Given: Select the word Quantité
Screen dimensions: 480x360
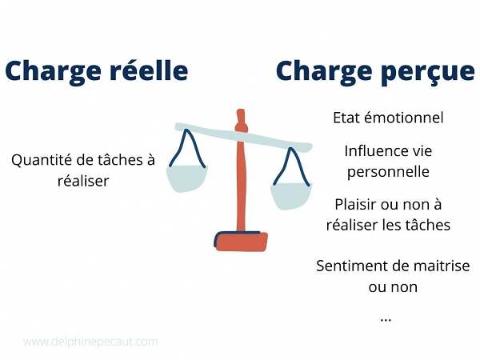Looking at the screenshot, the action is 41,160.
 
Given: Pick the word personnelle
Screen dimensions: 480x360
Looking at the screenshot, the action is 388,172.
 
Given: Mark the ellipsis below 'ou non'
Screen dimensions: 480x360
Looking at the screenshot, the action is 386,320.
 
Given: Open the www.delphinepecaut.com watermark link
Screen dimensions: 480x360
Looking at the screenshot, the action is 90,342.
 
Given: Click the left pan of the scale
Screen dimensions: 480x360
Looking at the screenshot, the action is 186,178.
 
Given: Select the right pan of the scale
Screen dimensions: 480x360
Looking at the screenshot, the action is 291,196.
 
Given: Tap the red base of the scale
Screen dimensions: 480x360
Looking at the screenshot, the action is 241,242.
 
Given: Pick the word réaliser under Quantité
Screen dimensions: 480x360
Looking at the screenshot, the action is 83,181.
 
